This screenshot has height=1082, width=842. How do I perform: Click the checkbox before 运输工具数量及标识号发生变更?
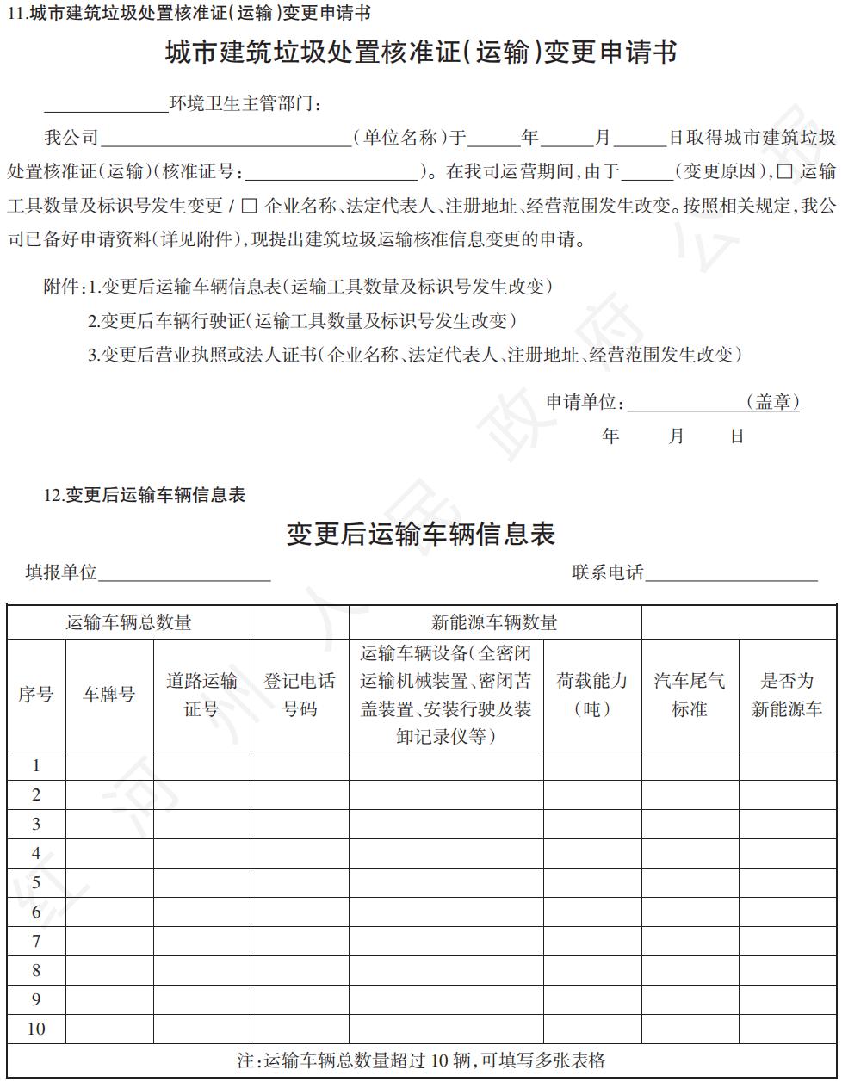[784, 171]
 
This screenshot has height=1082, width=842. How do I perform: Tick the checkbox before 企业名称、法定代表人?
[250, 207]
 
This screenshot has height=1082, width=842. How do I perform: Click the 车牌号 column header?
[109, 695]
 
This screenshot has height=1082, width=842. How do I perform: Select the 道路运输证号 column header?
[201, 695]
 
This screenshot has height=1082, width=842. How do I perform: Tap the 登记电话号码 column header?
[300, 695]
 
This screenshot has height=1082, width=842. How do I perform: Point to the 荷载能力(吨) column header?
[592, 695]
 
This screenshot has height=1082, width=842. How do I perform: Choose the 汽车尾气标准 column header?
[690, 695]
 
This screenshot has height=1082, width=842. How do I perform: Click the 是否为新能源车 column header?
[787, 695]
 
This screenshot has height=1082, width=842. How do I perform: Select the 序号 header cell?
[36, 695]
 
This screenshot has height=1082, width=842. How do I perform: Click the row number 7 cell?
[36, 941]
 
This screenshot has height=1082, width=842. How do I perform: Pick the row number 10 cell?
[36, 1029]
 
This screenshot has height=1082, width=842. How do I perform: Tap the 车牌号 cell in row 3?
[109, 824]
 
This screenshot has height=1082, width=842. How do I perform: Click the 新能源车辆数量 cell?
[494, 622]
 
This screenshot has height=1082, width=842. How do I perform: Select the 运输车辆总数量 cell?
[128, 622]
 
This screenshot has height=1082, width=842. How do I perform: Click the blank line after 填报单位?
[184, 574]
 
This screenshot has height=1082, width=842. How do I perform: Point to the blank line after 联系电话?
[731, 574]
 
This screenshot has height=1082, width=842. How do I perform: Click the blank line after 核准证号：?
[331, 172]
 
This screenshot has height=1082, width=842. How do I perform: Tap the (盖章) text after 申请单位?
[772, 402]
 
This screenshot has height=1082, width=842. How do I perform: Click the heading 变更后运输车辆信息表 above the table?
[421, 534]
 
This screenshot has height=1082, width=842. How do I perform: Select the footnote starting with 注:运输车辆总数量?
[421, 1060]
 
